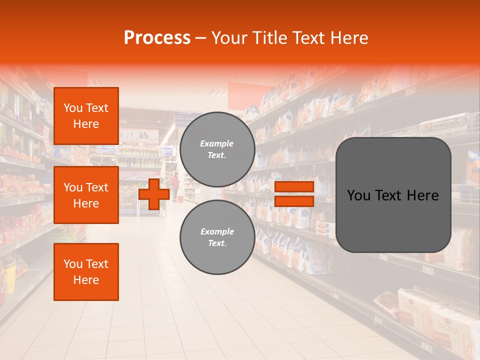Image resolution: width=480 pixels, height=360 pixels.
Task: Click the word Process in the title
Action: (157, 38)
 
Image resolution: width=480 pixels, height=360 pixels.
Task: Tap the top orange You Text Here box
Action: (86, 116)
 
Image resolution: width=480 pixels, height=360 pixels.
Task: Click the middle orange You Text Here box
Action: (86, 195)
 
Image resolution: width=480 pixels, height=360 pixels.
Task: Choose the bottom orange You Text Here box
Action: (86, 272)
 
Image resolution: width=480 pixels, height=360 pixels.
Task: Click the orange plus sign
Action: (154, 194)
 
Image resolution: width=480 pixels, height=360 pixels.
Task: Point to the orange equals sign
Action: (294, 194)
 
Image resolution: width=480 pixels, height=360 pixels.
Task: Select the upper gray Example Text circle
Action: (217, 149)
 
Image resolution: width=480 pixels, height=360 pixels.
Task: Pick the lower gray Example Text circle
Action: (217, 237)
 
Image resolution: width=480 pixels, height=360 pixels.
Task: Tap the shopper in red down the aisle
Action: (174, 186)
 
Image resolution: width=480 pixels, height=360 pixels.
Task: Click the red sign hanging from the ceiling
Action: (249, 93)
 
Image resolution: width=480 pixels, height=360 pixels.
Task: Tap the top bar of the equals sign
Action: (294, 186)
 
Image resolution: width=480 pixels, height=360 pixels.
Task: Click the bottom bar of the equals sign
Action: (294, 201)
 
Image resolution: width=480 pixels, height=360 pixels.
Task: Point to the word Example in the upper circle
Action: (217, 143)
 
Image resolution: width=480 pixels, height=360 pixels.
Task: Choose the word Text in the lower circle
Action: (216, 243)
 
